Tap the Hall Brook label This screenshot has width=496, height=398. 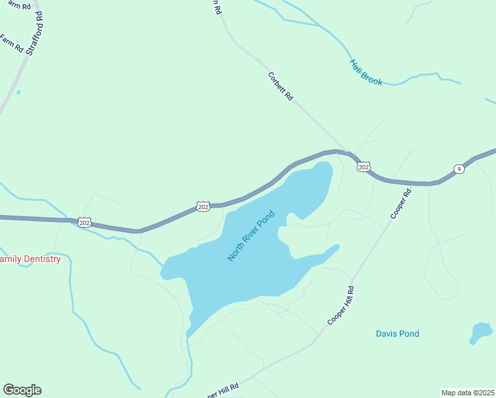pyautogui.click(x=366, y=72)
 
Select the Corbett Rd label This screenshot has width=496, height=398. pyautogui.click(x=280, y=86)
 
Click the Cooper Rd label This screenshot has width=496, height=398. pyautogui.click(x=401, y=204)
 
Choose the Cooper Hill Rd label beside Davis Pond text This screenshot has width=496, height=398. pyautogui.click(x=341, y=305)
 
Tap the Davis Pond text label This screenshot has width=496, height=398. pyautogui.click(x=397, y=334)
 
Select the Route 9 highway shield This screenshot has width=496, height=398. pyautogui.click(x=459, y=170)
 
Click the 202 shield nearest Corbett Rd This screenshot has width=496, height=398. pyautogui.click(x=363, y=166)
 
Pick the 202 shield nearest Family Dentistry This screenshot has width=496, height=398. pyautogui.click(x=84, y=222)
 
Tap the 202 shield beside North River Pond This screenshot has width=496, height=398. pyautogui.click(x=204, y=207)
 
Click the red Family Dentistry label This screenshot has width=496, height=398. pyautogui.click(x=30, y=259)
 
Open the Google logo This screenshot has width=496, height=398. pyautogui.click(x=22, y=390)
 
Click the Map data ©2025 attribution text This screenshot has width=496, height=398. pyautogui.click(x=467, y=392)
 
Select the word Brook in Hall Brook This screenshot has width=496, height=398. pyautogui.click(x=372, y=77)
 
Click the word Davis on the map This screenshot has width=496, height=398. pyautogui.click(x=386, y=334)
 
